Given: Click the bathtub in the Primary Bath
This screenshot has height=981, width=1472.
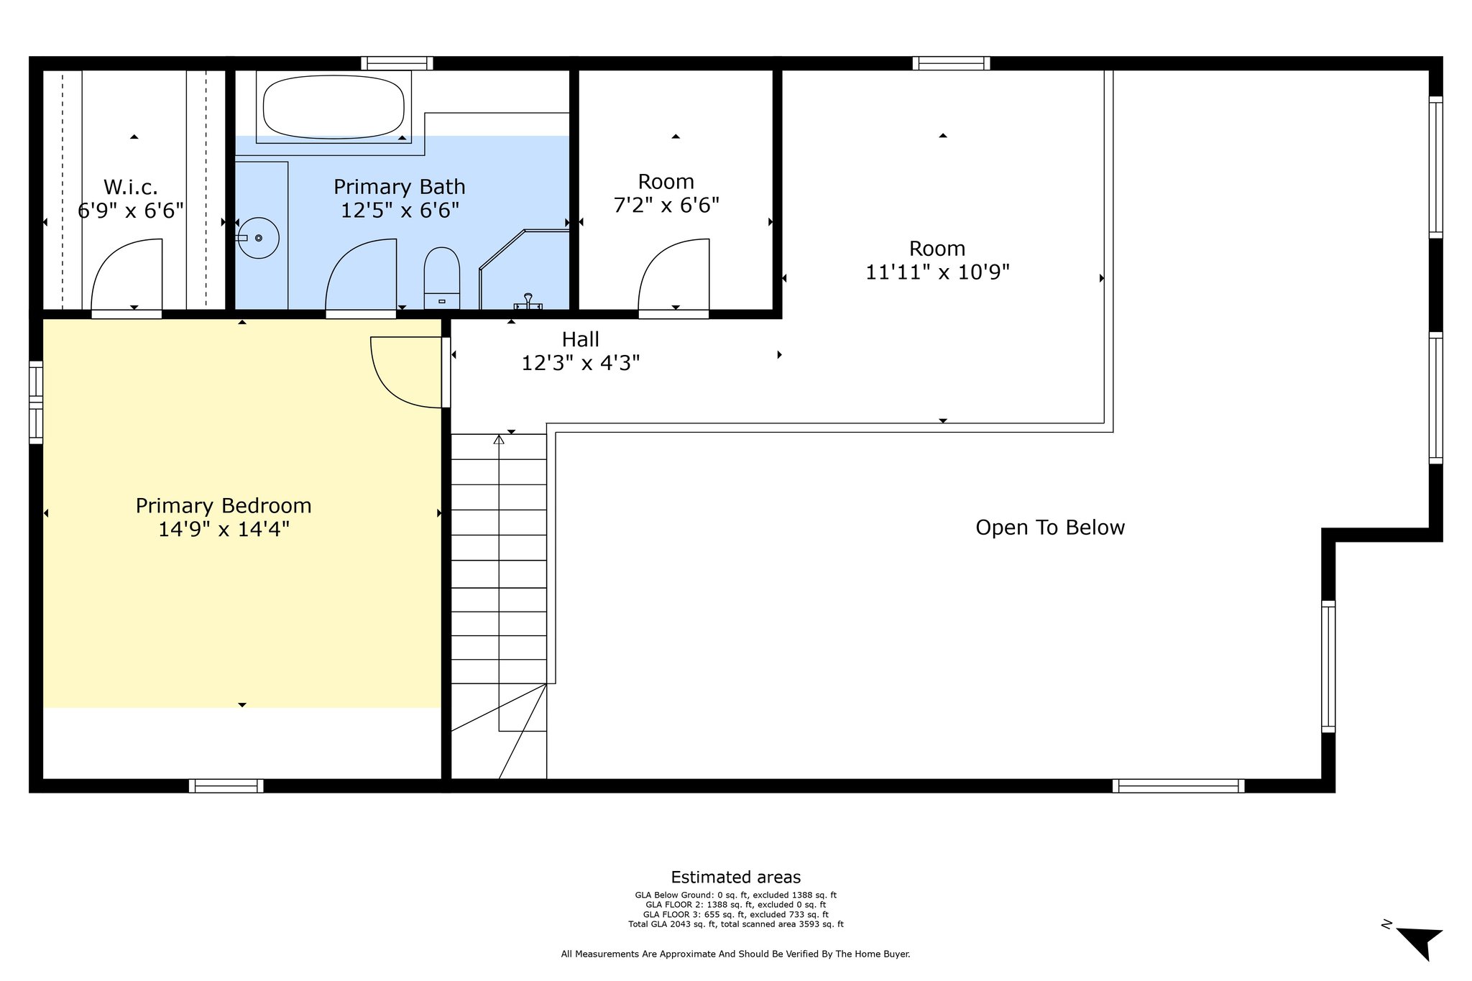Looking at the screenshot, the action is point(333,107).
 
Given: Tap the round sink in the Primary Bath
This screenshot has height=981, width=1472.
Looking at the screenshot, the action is point(258,238).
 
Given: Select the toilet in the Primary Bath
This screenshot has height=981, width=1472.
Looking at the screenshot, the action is point(441,278).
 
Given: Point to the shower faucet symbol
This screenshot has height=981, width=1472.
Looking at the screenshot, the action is point(528,302).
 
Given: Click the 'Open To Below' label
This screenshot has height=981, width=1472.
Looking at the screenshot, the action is point(1050,528).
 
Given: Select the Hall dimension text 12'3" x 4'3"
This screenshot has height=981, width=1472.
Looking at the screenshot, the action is point(581,363).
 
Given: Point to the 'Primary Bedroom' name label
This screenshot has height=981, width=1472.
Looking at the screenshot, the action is point(224,506).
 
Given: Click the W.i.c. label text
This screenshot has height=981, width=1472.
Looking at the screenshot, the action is point(131,188).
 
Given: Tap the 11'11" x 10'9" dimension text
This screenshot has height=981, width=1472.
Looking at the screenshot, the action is point(937,272).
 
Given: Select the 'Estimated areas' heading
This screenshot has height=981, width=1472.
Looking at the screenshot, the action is point(736,878).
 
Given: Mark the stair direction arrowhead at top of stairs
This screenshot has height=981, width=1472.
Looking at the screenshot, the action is point(499,439).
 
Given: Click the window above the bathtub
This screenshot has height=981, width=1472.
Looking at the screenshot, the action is point(397,63).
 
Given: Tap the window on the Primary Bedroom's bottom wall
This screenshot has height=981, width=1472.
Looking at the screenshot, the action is point(226,786).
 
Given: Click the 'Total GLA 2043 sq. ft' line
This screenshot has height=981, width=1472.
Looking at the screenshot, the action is point(736,924).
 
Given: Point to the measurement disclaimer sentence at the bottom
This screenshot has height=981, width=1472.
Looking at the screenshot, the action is point(736,954).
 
